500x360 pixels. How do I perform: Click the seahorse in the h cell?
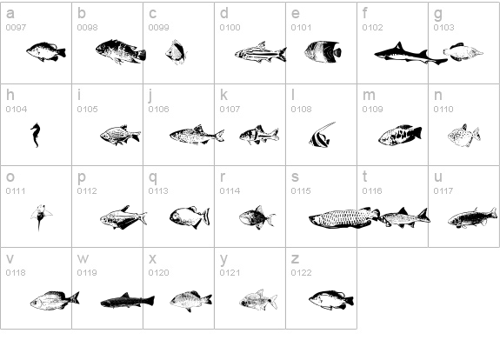[x=36, y=135]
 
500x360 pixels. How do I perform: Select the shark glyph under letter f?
[x=410, y=54]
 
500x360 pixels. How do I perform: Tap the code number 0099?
[x=158, y=28]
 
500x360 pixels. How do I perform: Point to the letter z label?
[x=295, y=258]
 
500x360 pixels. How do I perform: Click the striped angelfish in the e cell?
[x=323, y=51]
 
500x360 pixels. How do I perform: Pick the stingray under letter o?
[x=41, y=217]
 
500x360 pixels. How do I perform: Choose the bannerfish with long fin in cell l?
[x=322, y=135]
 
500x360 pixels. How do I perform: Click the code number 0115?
[x=301, y=191]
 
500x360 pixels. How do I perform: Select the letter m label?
[x=369, y=95]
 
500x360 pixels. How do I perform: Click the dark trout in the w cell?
[x=128, y=300]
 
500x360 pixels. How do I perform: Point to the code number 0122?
[x=301, y=273]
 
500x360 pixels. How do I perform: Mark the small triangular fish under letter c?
[x=176, y=52]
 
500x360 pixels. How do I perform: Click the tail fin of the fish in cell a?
[x=62, y=53]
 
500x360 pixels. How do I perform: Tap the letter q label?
[x=153, y=177]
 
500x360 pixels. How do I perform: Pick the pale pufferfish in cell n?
[x=464, y=137]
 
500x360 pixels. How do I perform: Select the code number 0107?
[x=230, y=110]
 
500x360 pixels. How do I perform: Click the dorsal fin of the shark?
[x=398, y=46]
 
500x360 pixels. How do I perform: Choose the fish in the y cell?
[x=258, y=300]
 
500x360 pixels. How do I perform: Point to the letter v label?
[x=10, y=258]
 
